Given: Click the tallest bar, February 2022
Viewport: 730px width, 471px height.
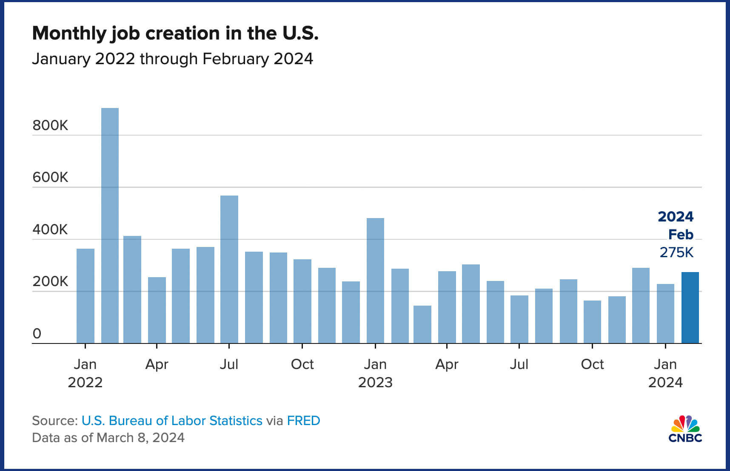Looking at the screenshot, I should (110, 225).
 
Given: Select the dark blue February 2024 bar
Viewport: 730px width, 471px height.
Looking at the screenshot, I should (690, 307).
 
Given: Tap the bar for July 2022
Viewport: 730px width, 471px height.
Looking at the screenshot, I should (229, 269).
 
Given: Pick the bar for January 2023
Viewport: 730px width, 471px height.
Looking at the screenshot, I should (375, 281).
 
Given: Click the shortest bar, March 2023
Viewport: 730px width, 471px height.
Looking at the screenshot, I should (422, 324).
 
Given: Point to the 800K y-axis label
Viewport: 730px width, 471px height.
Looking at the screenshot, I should (50, 125).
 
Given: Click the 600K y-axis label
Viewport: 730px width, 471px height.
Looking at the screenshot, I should (50, 177).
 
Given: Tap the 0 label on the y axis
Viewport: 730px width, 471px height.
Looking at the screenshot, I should (37, 334).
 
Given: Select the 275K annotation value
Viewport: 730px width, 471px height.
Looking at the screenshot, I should (676, 253).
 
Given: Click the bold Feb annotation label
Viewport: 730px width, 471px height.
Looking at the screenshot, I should (681, 235).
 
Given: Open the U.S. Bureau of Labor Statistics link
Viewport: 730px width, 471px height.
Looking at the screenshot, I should (172, 420).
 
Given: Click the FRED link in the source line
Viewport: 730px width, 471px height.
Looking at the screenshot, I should (303, 420).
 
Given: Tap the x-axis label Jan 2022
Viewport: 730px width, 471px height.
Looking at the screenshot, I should (85, 373).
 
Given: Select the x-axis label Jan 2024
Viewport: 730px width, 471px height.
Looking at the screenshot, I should (665, 373).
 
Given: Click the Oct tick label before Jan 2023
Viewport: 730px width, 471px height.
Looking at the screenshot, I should (302, 364).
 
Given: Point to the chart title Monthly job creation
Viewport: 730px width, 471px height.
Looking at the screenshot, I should (175, 33).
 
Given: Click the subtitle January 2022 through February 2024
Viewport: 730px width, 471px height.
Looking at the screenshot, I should (172, 59).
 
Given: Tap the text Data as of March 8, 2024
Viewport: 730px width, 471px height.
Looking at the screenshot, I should (108, 437).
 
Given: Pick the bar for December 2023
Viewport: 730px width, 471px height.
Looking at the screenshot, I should (641, 305).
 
